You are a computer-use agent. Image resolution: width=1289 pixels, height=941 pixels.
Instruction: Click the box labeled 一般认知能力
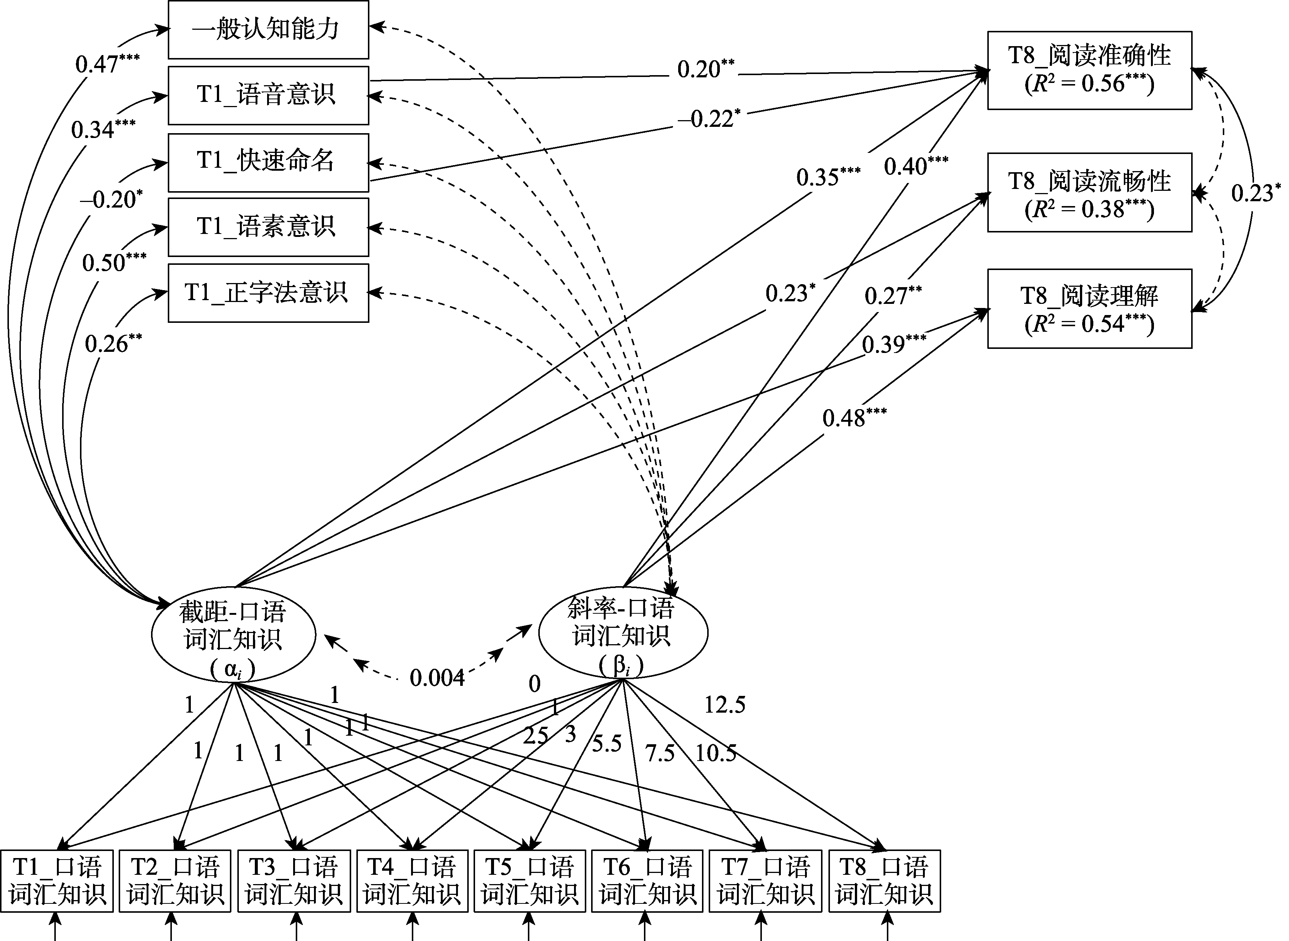tap(268, 30)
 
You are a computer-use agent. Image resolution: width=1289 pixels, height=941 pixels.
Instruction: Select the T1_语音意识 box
tap(268, 95)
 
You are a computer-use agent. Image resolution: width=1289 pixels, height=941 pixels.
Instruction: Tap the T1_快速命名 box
tap(268, 162)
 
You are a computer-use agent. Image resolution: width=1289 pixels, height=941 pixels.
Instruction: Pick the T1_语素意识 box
tap(268, 227)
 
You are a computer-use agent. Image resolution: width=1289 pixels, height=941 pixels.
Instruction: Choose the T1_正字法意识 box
tap(268, 293)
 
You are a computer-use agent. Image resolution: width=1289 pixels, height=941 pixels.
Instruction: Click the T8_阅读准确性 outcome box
tap(1089, 70)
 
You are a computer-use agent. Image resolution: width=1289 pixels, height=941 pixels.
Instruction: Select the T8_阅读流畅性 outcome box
tap(1089, 193)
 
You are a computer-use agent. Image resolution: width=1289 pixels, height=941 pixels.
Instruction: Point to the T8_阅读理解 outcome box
tap(1089, 309)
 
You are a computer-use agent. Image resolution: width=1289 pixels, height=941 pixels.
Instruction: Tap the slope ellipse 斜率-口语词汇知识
tap(623, 632)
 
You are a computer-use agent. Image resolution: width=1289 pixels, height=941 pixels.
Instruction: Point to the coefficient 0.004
tap(437, 678)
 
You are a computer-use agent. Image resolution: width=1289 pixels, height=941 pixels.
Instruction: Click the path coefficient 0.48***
tap(854, 418)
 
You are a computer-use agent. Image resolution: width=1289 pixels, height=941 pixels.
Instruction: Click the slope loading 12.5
tap(725, 705)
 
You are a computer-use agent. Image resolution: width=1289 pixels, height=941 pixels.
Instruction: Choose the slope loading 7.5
tap(660, 754)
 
